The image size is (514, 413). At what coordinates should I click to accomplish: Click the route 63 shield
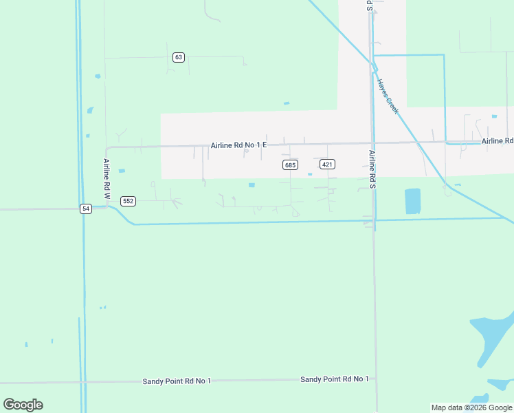(x=179, y=57)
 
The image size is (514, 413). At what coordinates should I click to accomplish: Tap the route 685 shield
(x=290, y=165)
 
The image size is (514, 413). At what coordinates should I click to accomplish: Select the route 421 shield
(x=327, y=164)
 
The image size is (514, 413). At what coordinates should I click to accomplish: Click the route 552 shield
(x=128, y=201)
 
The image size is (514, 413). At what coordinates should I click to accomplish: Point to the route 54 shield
(x=85, y=209)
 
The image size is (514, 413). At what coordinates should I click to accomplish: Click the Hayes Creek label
(x=387, y=96)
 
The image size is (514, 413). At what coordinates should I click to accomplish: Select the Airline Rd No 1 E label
(x=238, y=145)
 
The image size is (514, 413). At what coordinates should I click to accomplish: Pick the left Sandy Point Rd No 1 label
(x=177, y=381)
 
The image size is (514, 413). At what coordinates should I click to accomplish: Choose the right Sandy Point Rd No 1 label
(x=335, y=379)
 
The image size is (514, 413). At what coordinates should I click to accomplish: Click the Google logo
(x=23, y=405)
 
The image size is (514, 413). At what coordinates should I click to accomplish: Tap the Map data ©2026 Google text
(x=471, y=407)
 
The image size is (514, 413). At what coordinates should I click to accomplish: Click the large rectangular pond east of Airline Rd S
(x=412, y=201)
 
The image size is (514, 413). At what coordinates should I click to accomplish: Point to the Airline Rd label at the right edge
(x=498, y=141)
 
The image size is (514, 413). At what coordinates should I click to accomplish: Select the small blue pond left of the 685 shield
(x=252, y=184)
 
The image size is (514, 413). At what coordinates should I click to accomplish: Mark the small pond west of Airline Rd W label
(x=122, y=171)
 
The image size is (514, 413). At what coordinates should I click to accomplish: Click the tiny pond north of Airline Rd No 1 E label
(x=287, y=103)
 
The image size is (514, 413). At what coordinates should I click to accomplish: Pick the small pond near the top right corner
(x=494, y=116)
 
